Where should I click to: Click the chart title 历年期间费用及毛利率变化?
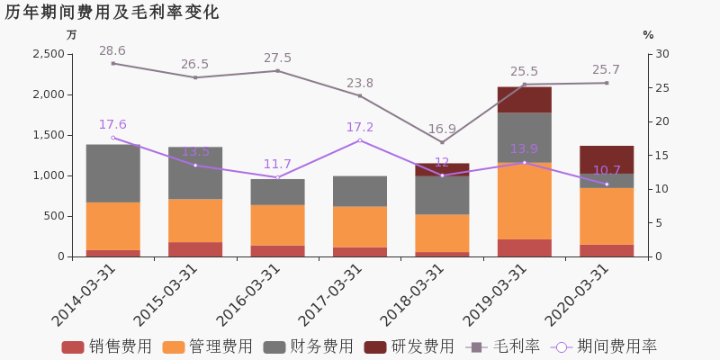(x=112, y=13)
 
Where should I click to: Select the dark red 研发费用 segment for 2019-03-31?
(x=525, y=100)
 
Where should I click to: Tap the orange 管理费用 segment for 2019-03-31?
(x=525, y=201)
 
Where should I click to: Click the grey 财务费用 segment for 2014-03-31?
(x=113, y=174)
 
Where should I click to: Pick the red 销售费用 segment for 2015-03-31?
(x=195, y=249)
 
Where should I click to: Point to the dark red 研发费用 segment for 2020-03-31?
(x=607, y=160)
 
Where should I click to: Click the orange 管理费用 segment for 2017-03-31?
(x=359, y=227)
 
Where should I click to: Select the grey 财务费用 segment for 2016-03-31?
(x=277, y=192)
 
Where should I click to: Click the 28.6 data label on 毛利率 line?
(x=112, y=50)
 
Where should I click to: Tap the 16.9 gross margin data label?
(x=442, y=129)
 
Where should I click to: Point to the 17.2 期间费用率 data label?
(x=359, y=127)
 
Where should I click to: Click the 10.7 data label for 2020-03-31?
(x=607, y=170)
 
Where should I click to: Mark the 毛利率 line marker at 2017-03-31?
(x=359, y=96)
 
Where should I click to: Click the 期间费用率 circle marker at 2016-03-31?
(x=277, y=177)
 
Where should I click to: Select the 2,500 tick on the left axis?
(x=49, y=54)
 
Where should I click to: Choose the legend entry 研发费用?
(x=409, y=346)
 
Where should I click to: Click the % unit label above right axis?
(x=648, y=35)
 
